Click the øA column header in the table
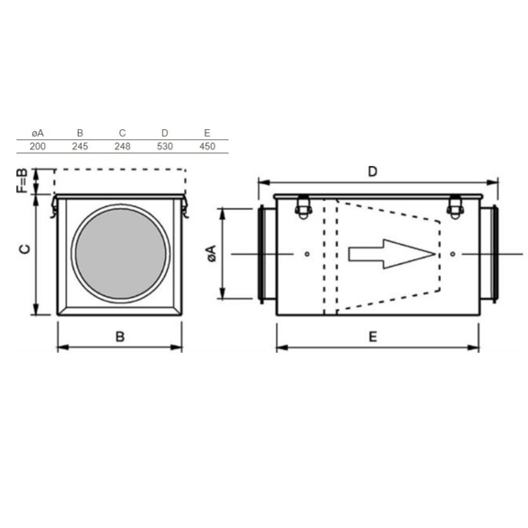click(x=38, y=133)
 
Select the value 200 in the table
click(x=38, y=147)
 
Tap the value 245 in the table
click(x=80, y=147)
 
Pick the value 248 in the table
click(x=122, y=147)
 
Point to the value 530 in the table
click(x=165, y=147)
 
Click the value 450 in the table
click(x=207, y=147)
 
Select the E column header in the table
click(x=207, y=133)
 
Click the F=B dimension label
click(x=22, y=181)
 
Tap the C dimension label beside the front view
click(x=25, y=249)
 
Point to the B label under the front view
click(x=120, y=336)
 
